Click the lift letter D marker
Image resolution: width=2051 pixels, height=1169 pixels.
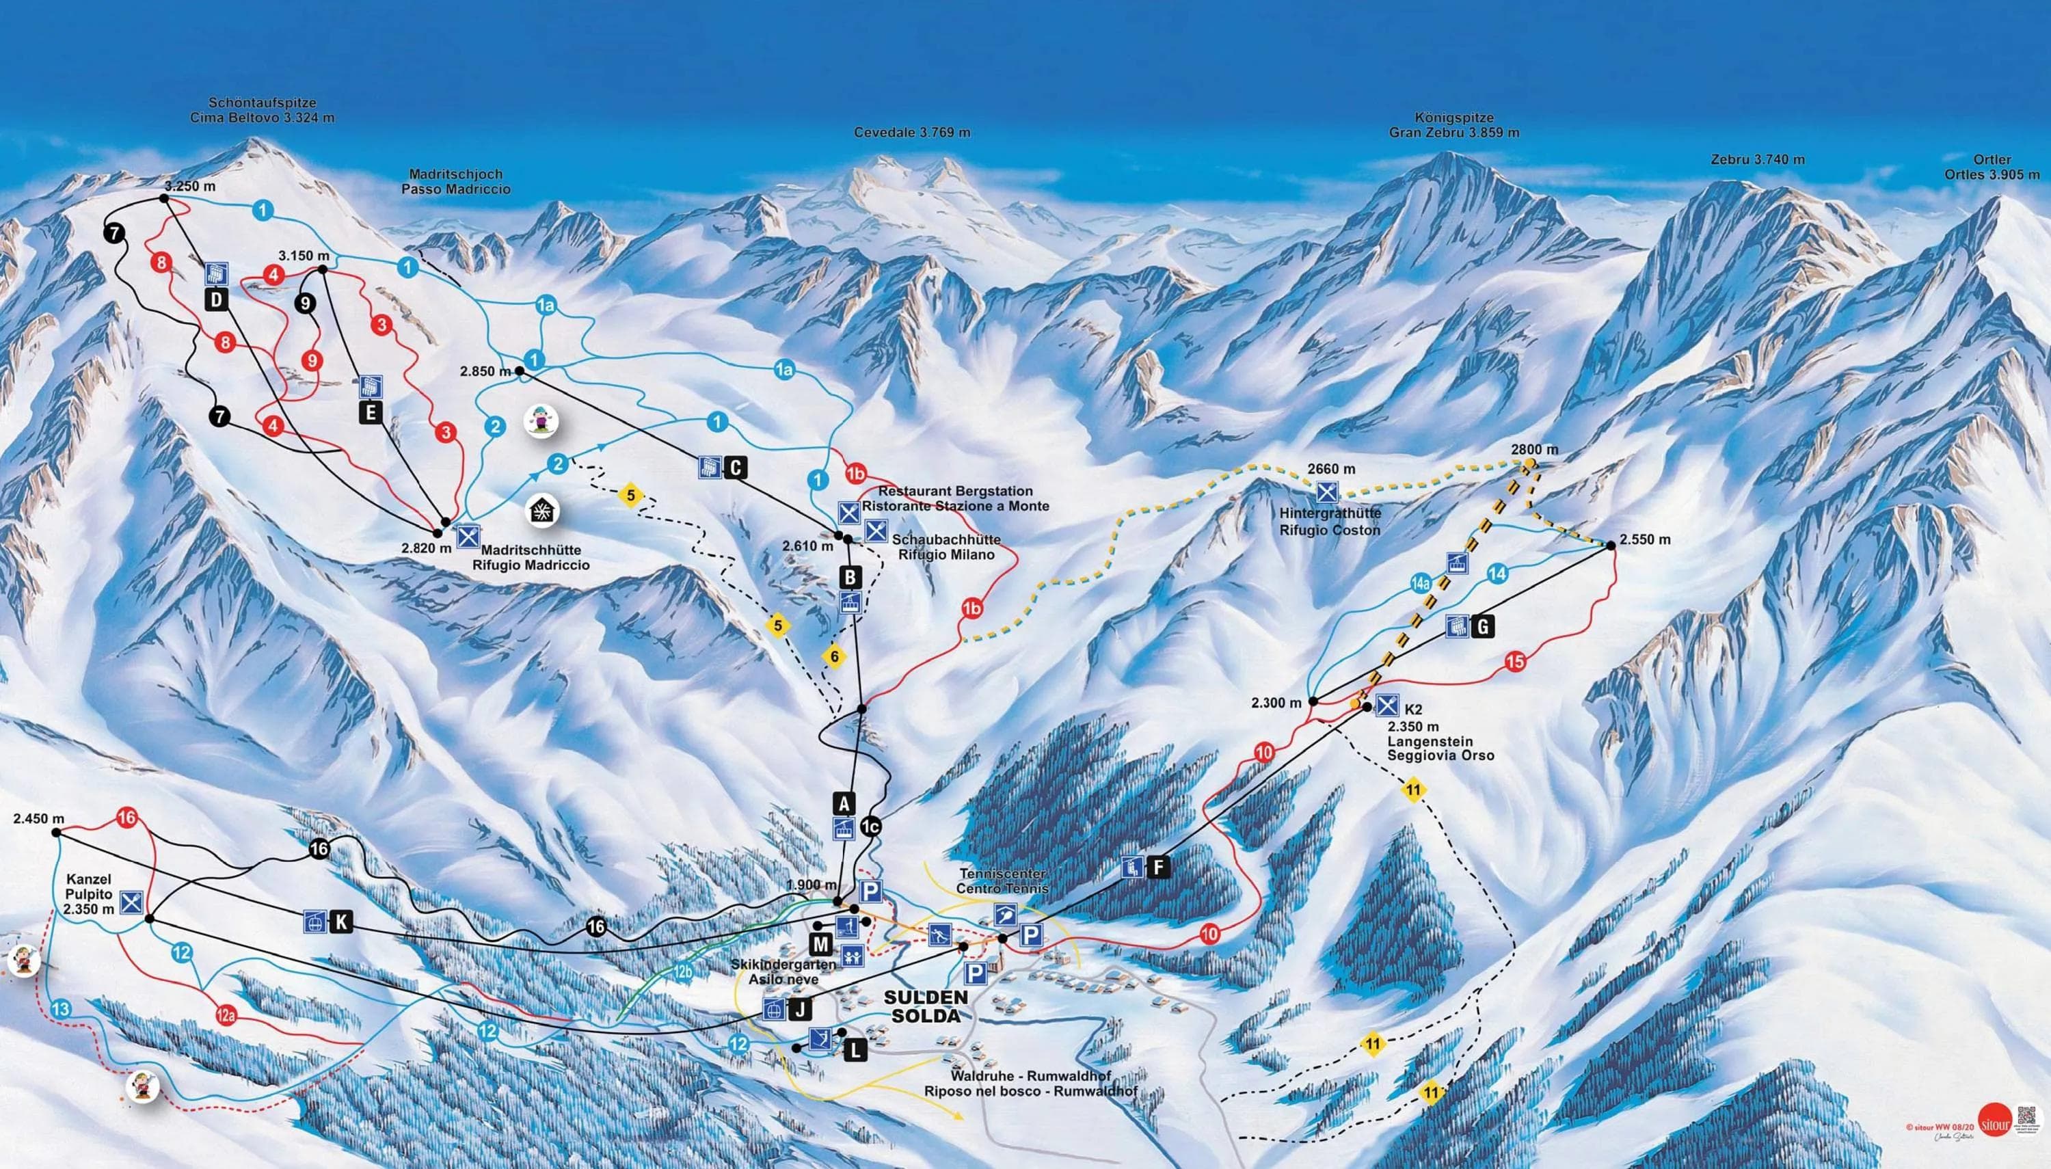(217, 300)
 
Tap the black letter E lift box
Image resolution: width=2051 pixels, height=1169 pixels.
(370, 413)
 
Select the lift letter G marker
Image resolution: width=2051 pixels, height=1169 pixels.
(1483, 626)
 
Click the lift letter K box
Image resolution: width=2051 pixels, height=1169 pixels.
(341, 922)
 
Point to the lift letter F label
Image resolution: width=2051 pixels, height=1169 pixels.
(1157, 867)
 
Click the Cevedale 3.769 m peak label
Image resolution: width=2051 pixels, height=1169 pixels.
(912, 133)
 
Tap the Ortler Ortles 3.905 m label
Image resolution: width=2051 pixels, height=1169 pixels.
(1991, 167)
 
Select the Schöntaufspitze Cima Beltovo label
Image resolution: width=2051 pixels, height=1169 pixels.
(263, 110)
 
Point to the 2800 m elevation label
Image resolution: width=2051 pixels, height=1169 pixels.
(1534, 450)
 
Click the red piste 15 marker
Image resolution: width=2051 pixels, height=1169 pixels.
(1515, 662)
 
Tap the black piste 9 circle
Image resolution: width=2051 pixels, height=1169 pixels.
(304, 303)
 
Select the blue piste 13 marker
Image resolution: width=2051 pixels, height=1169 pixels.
(61, 1009)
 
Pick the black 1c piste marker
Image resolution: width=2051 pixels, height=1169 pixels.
(870, 827)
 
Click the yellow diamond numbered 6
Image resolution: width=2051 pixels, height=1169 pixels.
(834, 657)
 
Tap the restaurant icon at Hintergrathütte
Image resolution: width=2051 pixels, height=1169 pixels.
(1328, 492)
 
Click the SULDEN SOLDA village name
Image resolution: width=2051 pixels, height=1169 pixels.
(926, 1006)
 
